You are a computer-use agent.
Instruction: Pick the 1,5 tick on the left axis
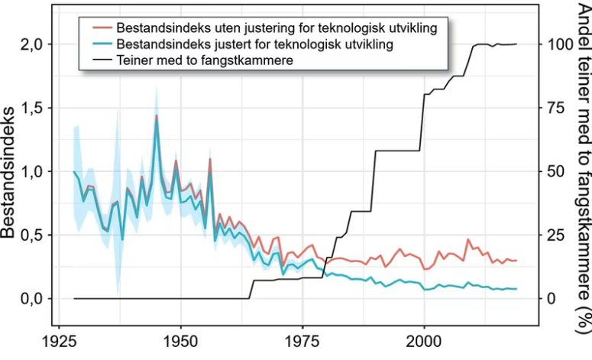click(29, 108)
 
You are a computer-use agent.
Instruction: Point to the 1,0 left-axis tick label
click(29, 171)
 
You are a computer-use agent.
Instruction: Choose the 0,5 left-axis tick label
click(29, 235)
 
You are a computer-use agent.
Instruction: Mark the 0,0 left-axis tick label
click(29, 298)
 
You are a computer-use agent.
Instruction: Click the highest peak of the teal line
click(157, 122)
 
